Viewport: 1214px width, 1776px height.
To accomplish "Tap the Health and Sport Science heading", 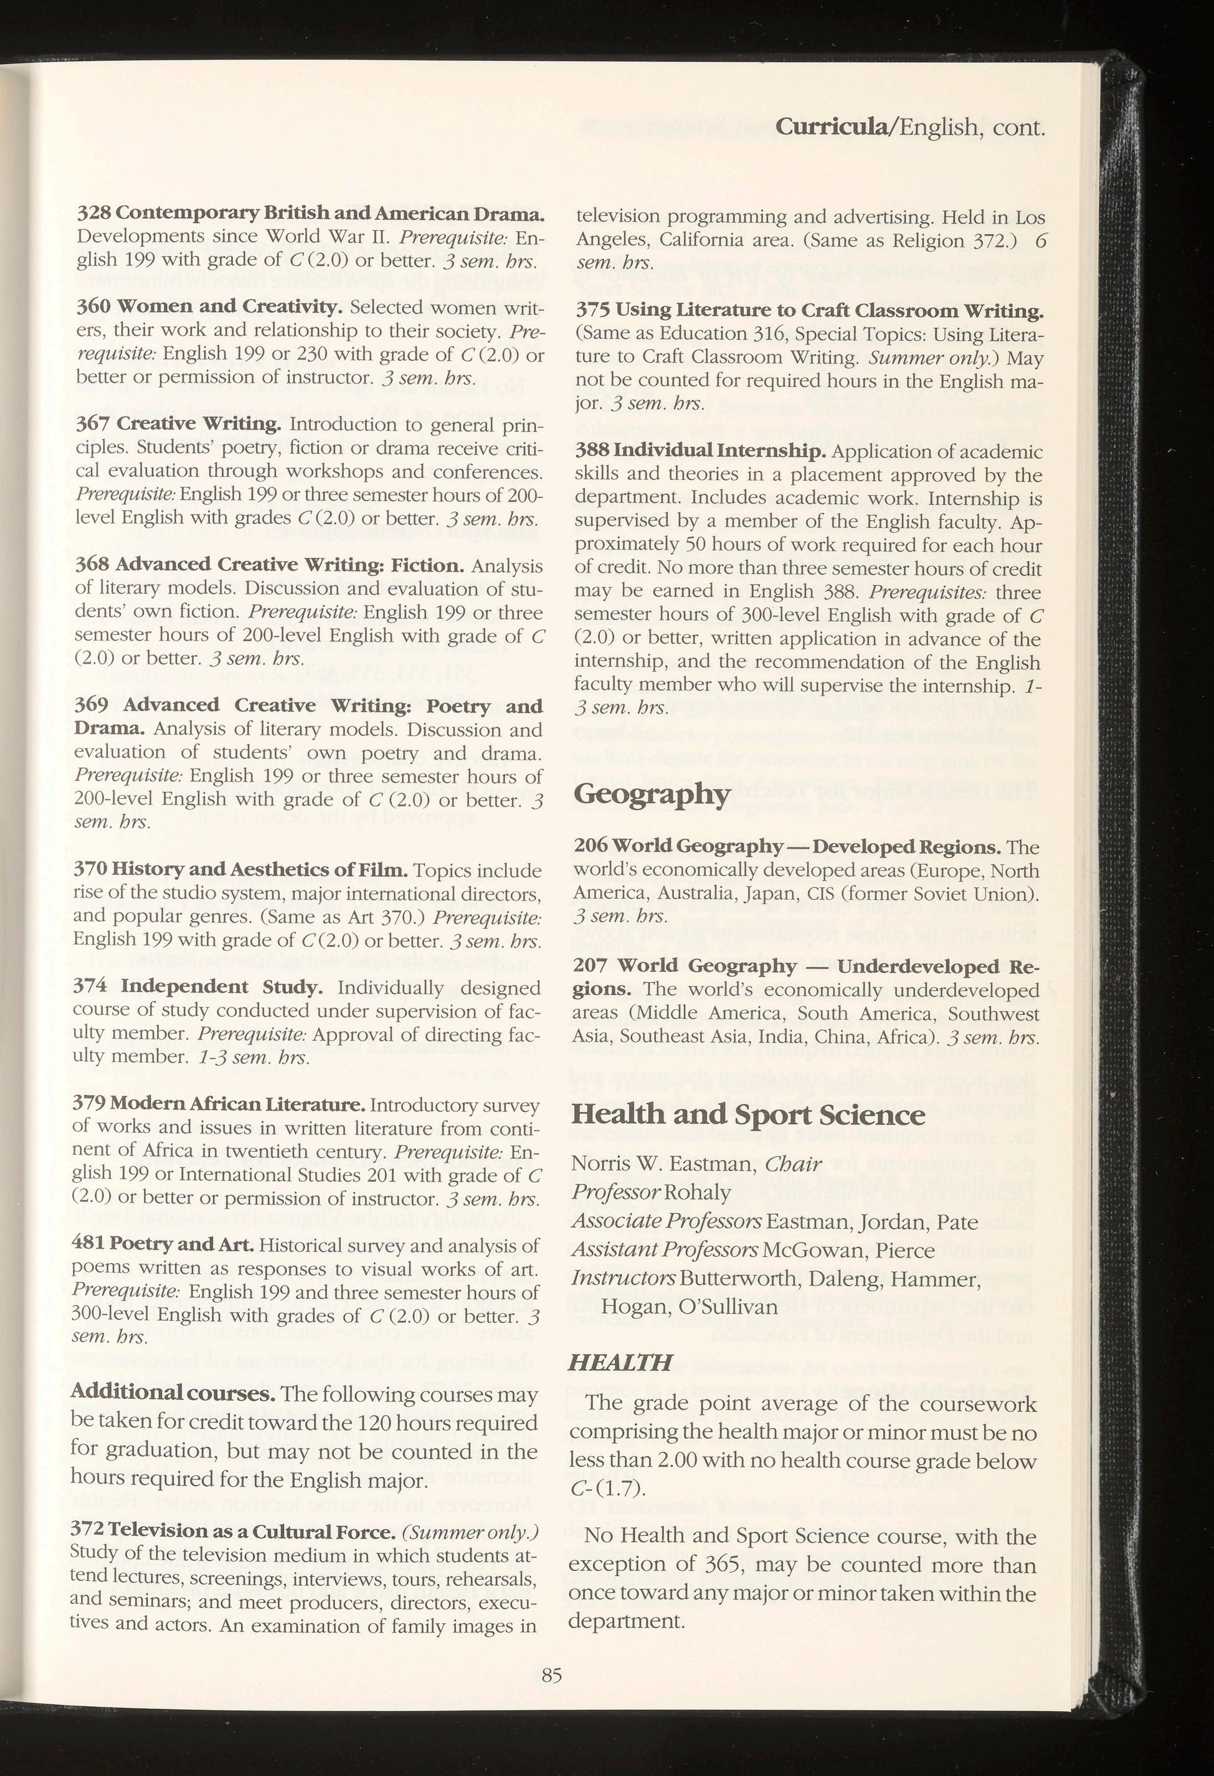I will pyautogui.click(x=748, y=1115).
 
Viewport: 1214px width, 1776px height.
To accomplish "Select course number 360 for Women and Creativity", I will pyautogui.click(x=92, y=307).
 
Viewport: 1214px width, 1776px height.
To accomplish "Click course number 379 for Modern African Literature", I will pyautogui.click(x=88, y=1105).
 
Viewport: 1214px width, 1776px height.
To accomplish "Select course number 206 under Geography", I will pyautogui.click(x=590, y=847).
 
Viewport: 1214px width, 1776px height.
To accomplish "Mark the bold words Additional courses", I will pyautogui.click(x=173, y=1392).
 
